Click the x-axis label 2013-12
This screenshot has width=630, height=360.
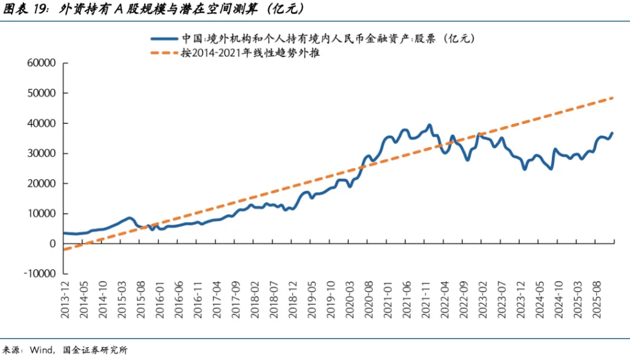click(65, 300)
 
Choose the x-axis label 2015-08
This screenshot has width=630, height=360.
click(140, 300)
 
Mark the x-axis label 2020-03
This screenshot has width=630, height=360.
click(349, 300)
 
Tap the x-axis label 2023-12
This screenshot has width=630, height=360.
click(520, 300)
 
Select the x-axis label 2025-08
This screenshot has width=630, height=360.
click(596, 300)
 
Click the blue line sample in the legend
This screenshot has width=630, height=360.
click(164, 38)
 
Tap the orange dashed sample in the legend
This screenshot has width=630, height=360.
click(164, 53)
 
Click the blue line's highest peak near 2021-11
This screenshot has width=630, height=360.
click(429, 125)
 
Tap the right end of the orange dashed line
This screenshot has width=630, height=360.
click(613, 98)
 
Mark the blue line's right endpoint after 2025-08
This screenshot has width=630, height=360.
click(612, 133)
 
